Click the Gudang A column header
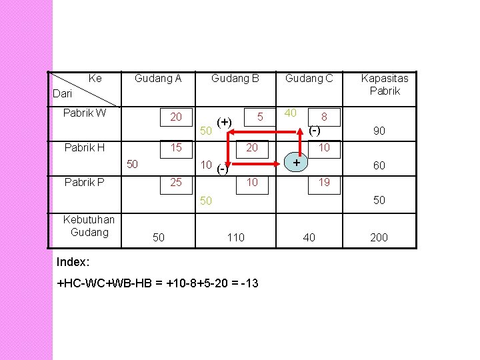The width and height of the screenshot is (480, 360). click(158, 79)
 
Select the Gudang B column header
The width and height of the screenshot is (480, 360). click(235, 79)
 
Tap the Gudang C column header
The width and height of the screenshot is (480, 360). click(309, 79)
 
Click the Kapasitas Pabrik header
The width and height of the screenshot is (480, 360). click(385, 85)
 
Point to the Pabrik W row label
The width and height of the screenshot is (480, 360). click(84, 113)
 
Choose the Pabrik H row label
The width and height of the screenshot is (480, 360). click(83, 147)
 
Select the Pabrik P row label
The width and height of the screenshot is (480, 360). click(83, 181)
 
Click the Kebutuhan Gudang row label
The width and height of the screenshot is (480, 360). click(89, 225)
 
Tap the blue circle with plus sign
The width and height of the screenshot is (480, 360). click(296, 162)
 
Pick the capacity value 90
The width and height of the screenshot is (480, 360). click(379, 132)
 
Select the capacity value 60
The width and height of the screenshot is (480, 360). click(379, 165)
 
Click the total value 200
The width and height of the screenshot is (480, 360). click(378, 237)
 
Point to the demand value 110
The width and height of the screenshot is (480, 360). click(235, 237)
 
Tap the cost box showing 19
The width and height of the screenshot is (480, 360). click(324, 181)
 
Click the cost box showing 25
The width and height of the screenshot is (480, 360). click(176, 181)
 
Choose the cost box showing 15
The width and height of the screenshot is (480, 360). click(176, 147)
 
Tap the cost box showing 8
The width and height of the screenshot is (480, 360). click(324, 117)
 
